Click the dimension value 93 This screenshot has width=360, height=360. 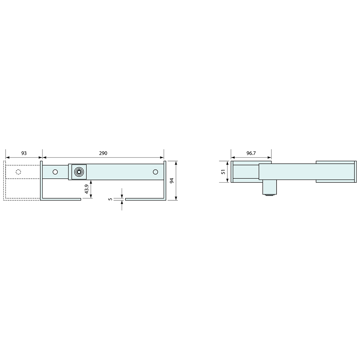point(24,153)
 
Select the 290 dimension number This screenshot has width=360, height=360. point(103,153)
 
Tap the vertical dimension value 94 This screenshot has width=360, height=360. point(171,181)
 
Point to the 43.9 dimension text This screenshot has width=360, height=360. point(86,189)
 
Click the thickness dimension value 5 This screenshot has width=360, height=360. point(110,199)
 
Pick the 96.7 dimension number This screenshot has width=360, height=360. point(251,153)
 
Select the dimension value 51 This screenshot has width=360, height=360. point(223,172)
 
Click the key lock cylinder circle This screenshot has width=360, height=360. point(79,172)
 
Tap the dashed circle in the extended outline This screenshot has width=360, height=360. point(18,172)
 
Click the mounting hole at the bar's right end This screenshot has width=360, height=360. point(155,172)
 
